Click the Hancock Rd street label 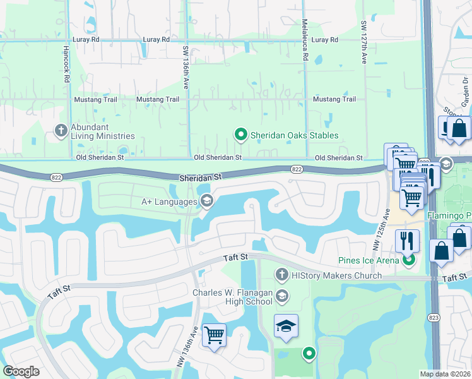(66, 63)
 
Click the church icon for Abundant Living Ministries (61, 131)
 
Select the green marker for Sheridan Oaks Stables (240, 134)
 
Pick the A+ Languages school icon (206, 202)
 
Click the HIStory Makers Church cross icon (282, 275)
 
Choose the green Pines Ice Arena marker (408, 259)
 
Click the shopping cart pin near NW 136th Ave (214, 334)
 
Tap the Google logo (21, 371)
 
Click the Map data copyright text (445, 374)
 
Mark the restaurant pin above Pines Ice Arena (408, 240)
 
